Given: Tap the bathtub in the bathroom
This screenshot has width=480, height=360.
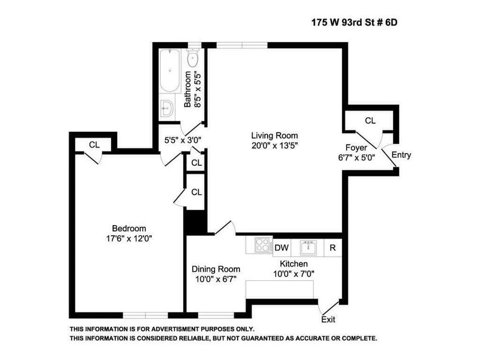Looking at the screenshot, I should click(x=169, y=71).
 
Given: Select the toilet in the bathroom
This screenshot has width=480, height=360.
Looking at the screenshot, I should click(x=193, y=59).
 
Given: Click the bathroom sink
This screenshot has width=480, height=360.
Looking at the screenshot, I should click(x=166, y=109).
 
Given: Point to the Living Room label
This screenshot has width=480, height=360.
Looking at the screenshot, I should click(x=274, y=136).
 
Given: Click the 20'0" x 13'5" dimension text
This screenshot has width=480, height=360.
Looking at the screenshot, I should click(x=274, y=145).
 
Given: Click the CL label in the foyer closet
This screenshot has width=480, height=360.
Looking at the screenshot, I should click(x=370, y=120).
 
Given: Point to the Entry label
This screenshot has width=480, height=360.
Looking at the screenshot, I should click(x=401, y=155).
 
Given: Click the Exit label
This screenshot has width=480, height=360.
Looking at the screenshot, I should click(x=328, y=320).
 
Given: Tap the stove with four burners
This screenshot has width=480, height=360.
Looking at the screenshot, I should click(x=263, y=245).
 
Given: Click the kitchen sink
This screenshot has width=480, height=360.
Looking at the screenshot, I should click(x=309, y=247).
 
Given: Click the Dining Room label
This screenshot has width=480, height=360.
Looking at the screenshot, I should click(x=216, y=269).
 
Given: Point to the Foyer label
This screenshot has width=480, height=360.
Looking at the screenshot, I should click(x=356, y=147).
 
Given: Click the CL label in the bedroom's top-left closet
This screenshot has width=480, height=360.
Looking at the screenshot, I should click(x=94, y=144).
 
